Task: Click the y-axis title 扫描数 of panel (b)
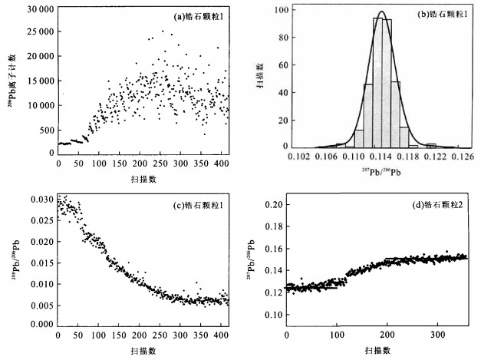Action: click(x=261, y=78)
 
